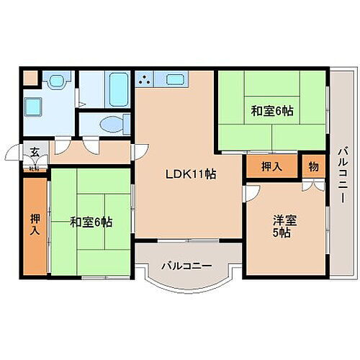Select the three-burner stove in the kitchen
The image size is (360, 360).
(146, 80)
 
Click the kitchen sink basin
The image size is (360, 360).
(176, 80)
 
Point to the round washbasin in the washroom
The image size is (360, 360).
(56, 82)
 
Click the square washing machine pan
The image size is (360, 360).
(34, 107)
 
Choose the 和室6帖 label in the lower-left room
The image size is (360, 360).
(91, 222)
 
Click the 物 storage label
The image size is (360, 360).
(312, 166)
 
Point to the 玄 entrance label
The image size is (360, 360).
(35, 152)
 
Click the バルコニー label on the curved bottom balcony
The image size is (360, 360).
(186, 266)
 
